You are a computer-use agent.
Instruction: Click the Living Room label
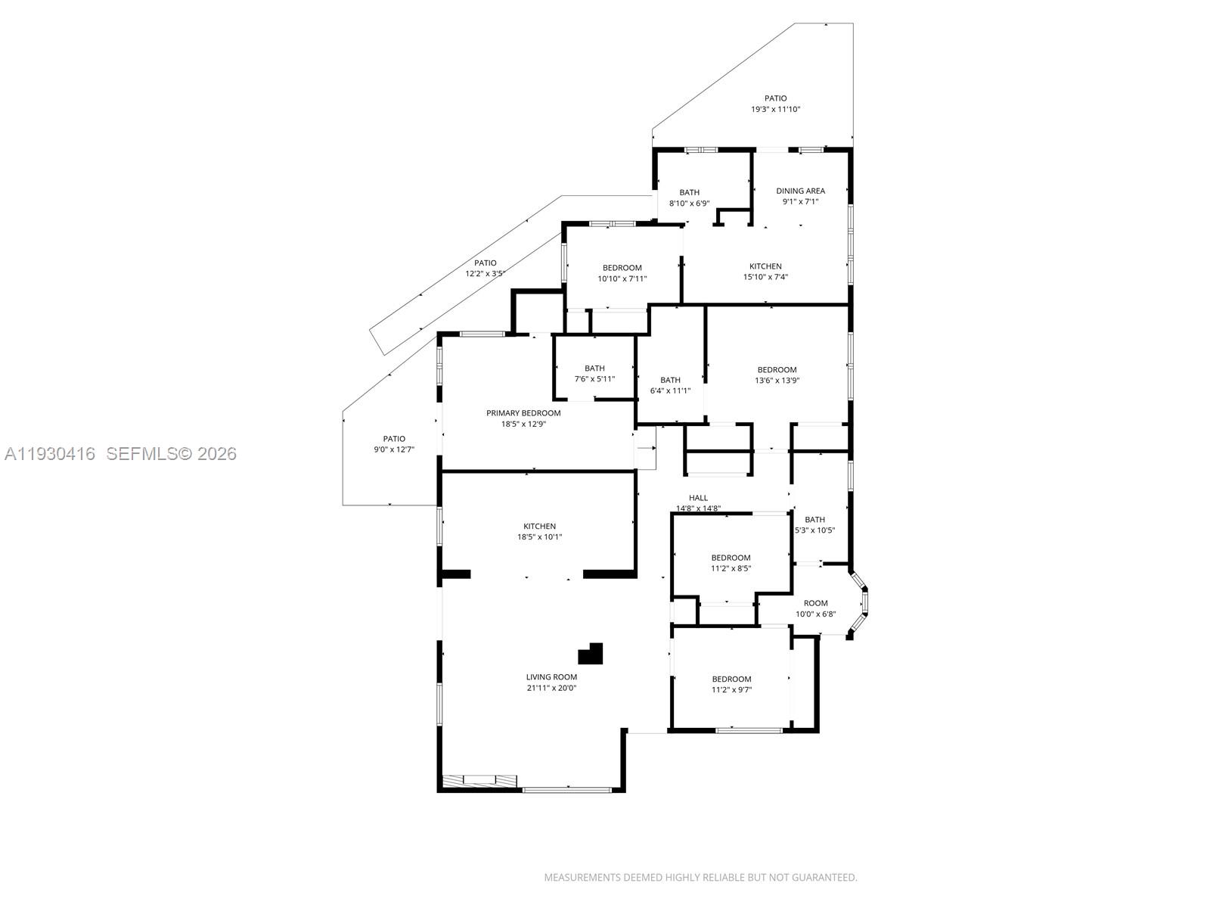(x=551, y=677)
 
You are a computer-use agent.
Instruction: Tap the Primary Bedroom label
(x=523, y=413)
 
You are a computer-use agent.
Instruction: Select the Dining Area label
(x=800, y=191)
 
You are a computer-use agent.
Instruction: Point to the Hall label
(x=698, y=498)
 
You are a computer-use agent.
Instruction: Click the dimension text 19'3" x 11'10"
(x=775, y=110)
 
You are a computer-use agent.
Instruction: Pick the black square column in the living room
(x=591, y=654)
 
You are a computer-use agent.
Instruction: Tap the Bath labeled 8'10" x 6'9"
(x=689, y=192)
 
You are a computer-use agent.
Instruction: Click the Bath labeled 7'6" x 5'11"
(x=594, y=368)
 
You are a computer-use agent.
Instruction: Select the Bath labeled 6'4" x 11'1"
(x=670, y=380)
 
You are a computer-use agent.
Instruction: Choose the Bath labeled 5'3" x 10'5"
(x=814, y=520)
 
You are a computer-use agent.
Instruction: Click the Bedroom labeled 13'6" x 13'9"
(x=777, y=370)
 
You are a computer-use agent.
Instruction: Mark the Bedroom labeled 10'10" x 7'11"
(x=622, y=268)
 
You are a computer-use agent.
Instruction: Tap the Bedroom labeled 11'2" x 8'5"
(x=731, y=558)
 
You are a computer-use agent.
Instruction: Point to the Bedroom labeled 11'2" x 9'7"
(x=731, y=679)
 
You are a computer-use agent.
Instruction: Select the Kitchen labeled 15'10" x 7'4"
(x=765, y=266)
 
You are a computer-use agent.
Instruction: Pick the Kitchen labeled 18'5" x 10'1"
(x=539, y=526)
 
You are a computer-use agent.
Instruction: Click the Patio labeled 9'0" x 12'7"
(x=394, y=439)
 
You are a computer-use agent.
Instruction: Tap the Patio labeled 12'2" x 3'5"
(x=486, y=263)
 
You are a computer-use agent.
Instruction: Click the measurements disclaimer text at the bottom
(x=700, y=878)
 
